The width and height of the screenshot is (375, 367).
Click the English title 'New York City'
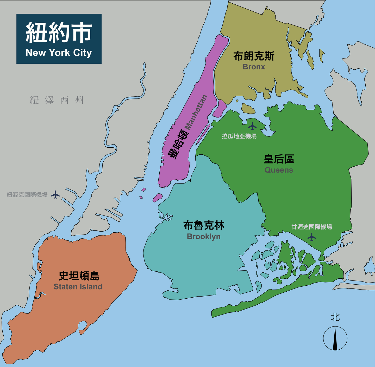point(59,53)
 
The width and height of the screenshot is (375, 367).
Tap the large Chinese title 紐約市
point(59,32)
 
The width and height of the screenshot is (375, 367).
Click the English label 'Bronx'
point(254,67)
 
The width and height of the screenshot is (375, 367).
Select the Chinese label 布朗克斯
point(254,56)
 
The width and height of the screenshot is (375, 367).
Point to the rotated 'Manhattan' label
point(196,112)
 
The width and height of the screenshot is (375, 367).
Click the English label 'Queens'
point(279,170)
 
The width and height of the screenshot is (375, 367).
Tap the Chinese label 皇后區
point(279,159)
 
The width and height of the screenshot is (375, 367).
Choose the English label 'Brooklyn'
point(204,237)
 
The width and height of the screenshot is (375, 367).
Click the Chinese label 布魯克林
point(204,225)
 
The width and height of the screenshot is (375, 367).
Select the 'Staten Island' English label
point(78,287)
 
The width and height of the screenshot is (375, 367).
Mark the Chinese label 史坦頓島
point(79,276)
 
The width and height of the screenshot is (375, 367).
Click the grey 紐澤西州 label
point(57,100)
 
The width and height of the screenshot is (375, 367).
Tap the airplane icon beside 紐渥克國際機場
point(55,194)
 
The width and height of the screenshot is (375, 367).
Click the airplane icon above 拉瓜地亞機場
point(252,126)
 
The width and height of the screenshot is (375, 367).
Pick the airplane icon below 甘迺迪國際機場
point(311,237)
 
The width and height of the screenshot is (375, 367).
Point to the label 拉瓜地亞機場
point(239,136)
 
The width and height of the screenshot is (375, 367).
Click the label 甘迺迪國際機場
point(311,227)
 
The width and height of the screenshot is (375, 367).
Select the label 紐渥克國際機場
point(27,195)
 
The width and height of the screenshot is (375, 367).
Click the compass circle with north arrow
point(335,338)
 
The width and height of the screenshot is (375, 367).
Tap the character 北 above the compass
point(335,317)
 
